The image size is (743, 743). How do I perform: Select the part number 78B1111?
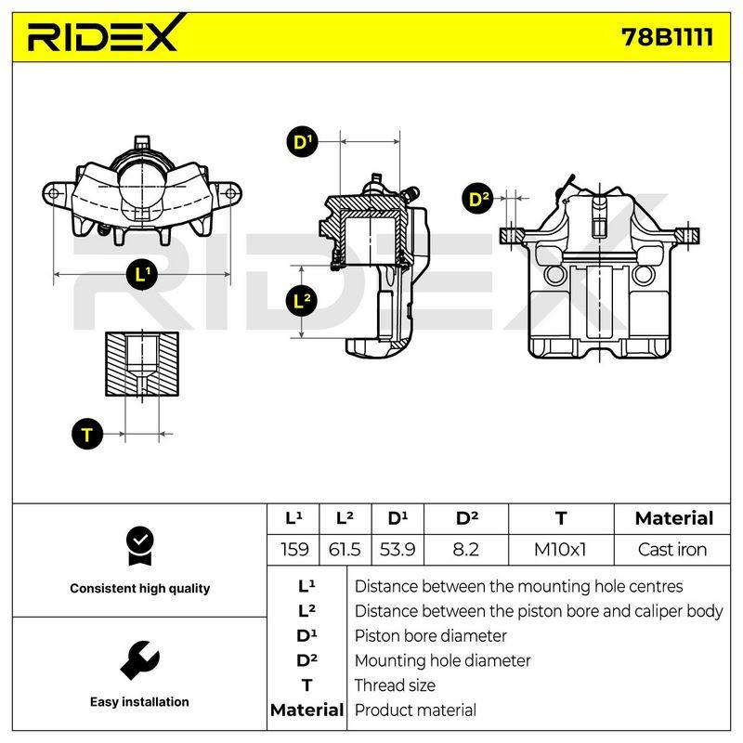(x=667, y=37)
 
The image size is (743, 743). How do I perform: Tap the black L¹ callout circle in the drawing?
(x=142, y=275)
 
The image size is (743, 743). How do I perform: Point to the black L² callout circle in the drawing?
(x=301, y=301)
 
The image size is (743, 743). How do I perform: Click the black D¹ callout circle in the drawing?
(x=303, y=142)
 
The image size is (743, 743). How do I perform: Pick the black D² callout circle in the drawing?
(x=477, y=199)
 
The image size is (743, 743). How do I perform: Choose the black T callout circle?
(x=87, y=434)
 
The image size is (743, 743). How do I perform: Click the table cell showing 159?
(x=293, y=550)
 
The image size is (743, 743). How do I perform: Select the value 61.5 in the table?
(x=345, y=550)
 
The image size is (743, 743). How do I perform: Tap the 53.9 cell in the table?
(x=398, y=550)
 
